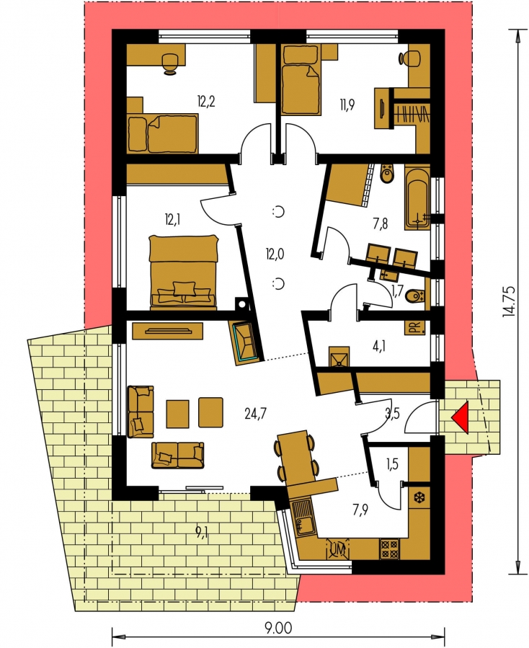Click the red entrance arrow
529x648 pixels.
461,418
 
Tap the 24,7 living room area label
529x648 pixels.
255,413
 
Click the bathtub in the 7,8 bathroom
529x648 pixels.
418,197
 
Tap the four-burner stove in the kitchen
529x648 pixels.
389,549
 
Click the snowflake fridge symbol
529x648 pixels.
419,498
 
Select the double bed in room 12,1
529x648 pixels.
182,272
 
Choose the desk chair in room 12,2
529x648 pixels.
170,63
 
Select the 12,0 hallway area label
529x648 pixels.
275,254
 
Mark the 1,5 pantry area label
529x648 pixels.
392,464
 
